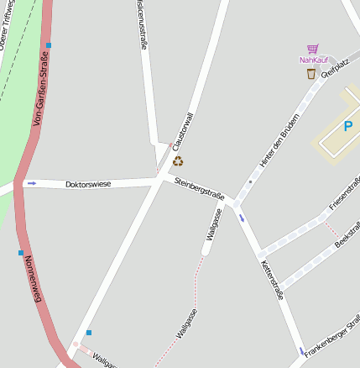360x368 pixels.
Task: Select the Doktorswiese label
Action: [88, 183]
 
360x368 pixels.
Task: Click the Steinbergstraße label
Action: [199, 189]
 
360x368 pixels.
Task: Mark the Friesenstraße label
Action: [345, 193]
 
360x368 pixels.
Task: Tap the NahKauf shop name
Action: [313, 60]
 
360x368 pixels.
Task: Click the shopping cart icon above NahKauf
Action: [313, 49]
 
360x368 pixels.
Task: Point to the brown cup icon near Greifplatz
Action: [311, 74]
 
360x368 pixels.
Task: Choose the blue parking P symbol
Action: [347, 127]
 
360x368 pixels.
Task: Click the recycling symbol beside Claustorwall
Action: [178, 161]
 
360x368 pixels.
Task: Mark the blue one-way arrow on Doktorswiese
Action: [32, 182]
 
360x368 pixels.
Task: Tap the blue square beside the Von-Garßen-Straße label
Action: [49, 45]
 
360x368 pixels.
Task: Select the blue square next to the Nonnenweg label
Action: [21, 252]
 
